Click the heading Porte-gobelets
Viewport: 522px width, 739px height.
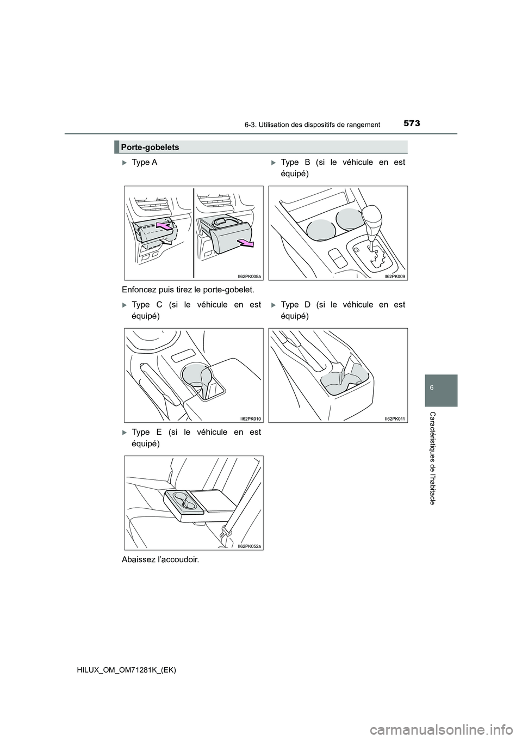pyautogui.click(x=150, y=147)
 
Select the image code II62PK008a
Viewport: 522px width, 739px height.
pyautogui.click(x=250, y=276)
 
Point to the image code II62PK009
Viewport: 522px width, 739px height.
pyautogui.click(x=395, y=276)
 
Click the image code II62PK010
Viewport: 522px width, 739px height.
pyautogui.click(x=251, y=418)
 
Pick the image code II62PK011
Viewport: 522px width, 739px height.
pyautogui.click(x=395, y=418)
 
